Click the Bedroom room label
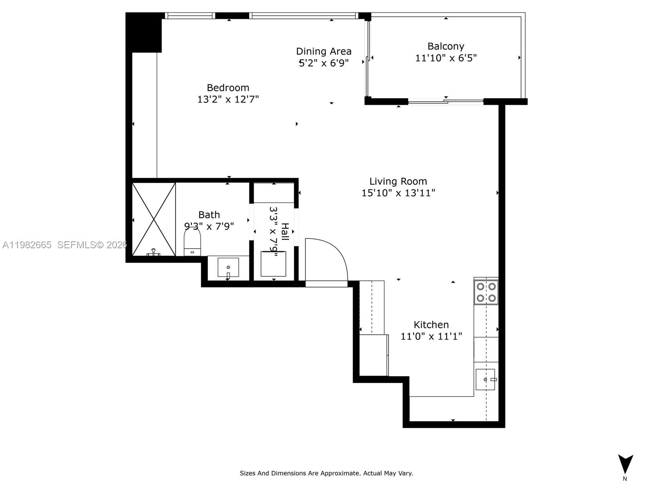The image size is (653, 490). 228,88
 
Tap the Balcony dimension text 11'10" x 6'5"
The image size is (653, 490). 446,58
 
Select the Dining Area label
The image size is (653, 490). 324,51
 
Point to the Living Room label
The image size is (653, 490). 398,181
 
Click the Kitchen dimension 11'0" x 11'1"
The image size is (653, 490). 431,336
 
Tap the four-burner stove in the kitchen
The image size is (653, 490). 486,292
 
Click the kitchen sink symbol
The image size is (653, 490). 485,379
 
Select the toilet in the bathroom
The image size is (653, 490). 192,243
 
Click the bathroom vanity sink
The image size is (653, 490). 228,267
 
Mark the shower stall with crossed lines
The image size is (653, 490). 154,219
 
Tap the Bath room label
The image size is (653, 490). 209,215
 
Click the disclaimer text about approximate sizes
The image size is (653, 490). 326,473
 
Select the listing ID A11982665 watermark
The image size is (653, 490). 27,245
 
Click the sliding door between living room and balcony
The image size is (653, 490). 446,101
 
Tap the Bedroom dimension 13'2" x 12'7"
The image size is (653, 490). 228,99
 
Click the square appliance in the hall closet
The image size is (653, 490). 273,264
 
